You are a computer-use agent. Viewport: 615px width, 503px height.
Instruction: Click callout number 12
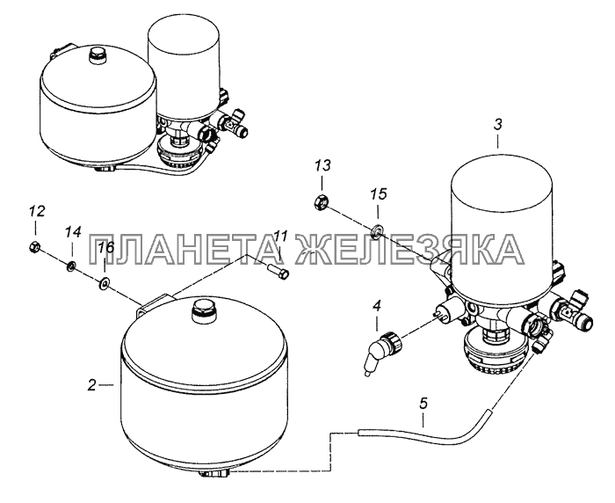(36, 213)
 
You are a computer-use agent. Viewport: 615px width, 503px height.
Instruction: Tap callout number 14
(73, 232)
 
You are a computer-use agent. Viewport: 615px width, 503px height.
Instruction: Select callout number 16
(105, 248)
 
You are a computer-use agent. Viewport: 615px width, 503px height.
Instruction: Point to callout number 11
(280, 237)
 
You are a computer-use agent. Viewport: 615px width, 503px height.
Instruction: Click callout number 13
(322, 165)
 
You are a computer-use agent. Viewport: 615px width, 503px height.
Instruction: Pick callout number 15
(379, 194)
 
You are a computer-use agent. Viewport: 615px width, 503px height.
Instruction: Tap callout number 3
(497, 125)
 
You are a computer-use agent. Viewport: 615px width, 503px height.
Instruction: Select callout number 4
(376, 306)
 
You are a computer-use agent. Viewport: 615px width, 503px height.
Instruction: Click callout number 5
(423, 404)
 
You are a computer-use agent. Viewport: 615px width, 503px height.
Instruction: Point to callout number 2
(91, 385)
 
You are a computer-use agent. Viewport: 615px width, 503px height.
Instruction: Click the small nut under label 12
(34, 247)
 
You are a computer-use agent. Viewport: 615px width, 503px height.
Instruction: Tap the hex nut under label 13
(322, 202)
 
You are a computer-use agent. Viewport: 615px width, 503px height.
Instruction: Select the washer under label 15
(379, 230)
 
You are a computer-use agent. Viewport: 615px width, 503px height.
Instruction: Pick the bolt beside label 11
(279, 272)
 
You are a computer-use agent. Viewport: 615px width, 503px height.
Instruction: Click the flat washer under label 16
(105, 282)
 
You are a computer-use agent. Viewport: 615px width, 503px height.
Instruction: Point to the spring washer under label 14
(71, 266)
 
